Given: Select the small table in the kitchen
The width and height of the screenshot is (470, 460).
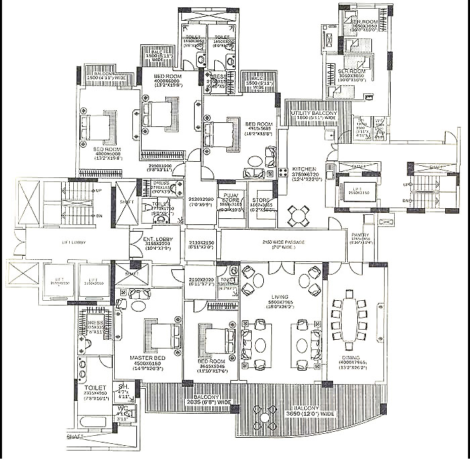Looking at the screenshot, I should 298,216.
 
